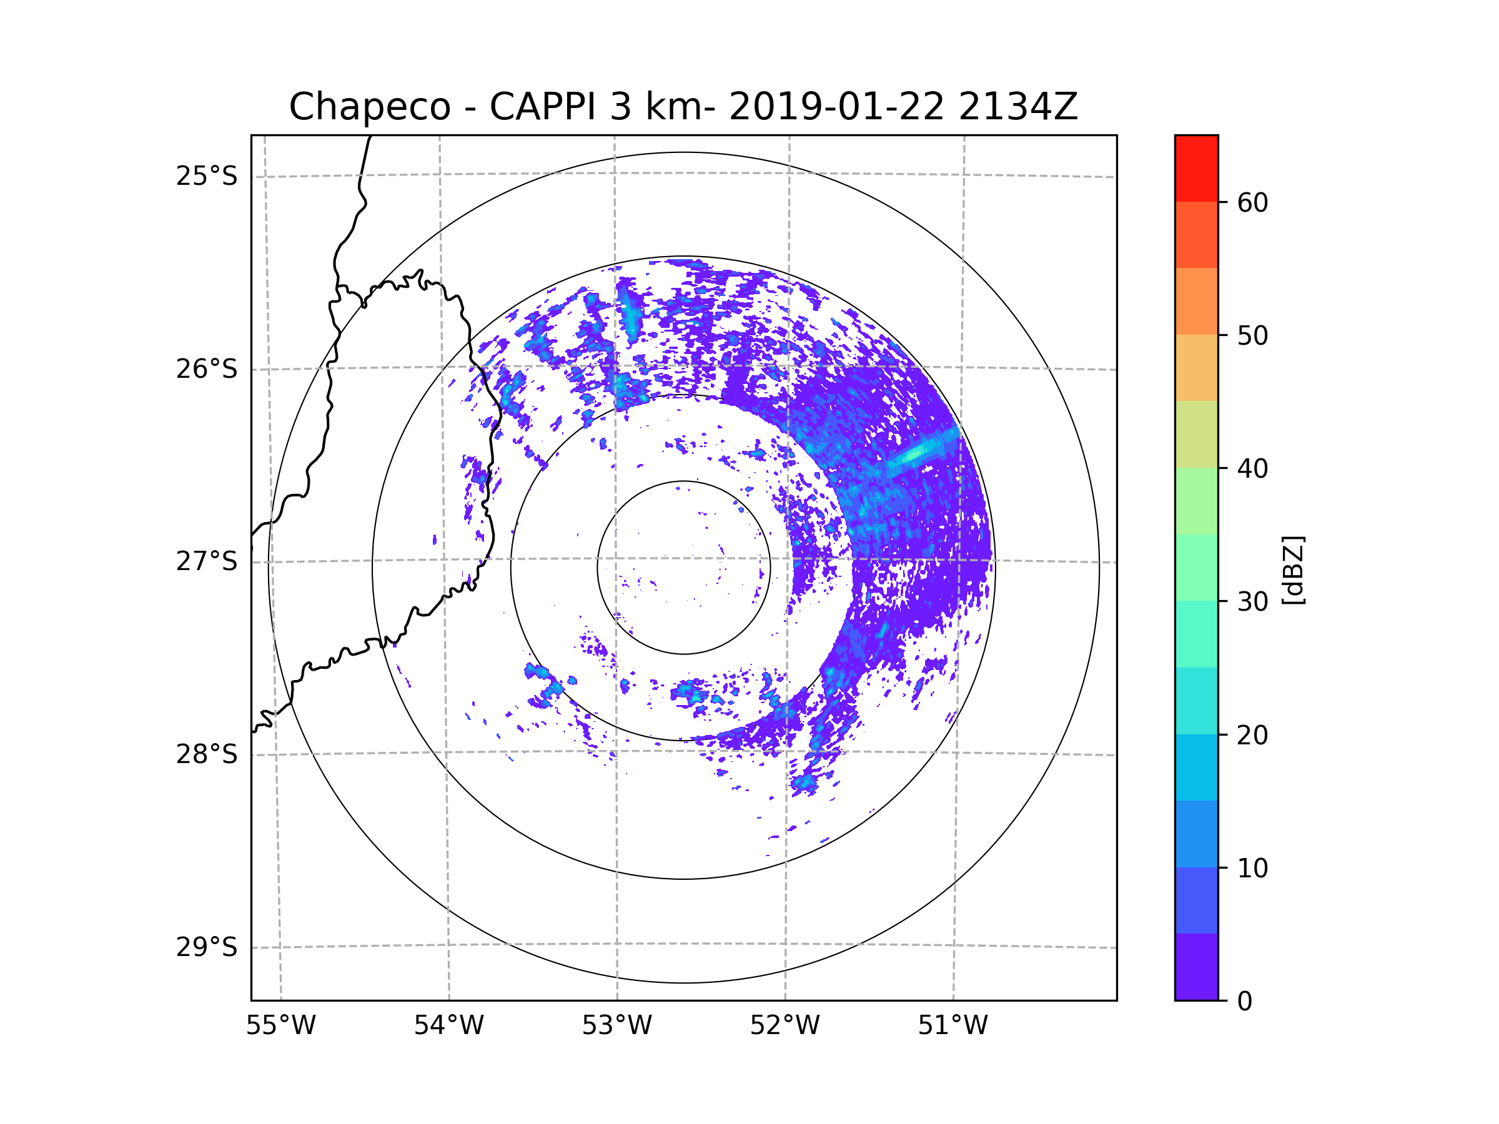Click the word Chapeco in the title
coord(369,107)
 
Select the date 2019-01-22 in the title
coord(836,107)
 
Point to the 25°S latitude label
coord(207,177)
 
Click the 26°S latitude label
coord(207,369)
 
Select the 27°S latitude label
coord(207,561)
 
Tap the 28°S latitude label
coord(207,754)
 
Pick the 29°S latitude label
coord(207,947)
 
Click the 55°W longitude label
coord(280,1026)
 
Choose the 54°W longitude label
coord(448,1026)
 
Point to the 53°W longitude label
coord(616,1026)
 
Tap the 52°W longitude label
coord(784,1026)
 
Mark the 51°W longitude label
coord(952,1026)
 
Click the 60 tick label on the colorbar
coord(1252,202)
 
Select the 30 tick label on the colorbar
coord(1252,601)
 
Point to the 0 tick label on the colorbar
coord(1245,1002)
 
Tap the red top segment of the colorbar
coord(1196,168)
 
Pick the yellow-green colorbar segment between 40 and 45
coord(1196,434)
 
